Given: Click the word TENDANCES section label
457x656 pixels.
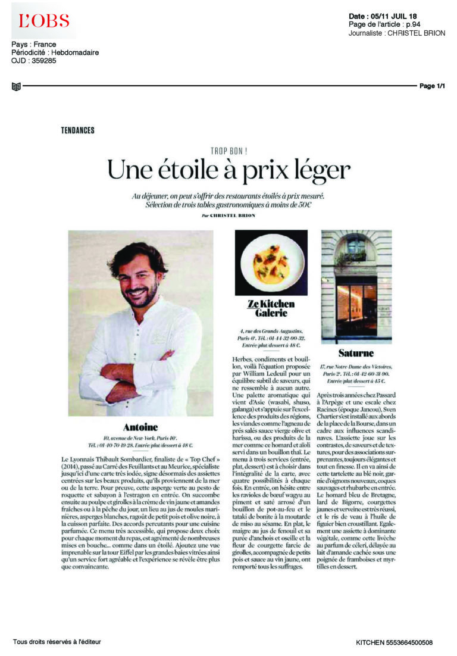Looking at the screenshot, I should pos(77,130).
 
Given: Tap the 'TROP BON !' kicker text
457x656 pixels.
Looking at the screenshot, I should pos(228,152).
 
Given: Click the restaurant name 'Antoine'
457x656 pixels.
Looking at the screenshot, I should pos(140,427).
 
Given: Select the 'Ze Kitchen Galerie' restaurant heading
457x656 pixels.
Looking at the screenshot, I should pos(271,308).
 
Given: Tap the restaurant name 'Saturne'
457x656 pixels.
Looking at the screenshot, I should pos(357,353).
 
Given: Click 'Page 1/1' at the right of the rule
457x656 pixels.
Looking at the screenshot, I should pos(433,86).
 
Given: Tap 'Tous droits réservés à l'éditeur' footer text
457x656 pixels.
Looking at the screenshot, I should pos(57,641).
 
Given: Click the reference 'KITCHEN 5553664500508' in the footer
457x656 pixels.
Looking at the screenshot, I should pos(394,642).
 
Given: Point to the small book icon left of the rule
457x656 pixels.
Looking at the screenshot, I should pos(16,87).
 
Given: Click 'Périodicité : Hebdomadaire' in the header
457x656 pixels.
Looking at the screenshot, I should pos(55,52).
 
